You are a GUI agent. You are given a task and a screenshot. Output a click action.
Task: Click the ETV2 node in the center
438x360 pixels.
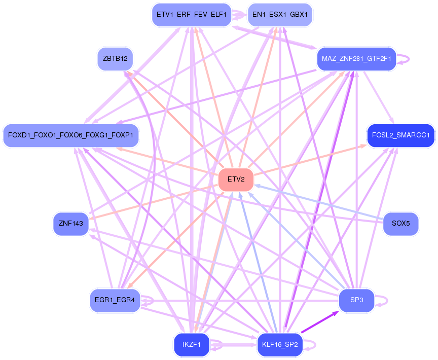236,179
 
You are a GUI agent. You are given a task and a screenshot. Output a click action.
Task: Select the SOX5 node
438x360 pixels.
400,223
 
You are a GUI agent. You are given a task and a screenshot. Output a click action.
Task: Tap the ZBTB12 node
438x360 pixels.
115,58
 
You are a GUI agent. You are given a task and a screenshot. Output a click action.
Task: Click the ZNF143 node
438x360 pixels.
71,223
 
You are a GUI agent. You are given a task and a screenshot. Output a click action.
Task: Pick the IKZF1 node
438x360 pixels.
192,345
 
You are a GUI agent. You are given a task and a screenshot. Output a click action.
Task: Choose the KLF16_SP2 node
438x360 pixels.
280,345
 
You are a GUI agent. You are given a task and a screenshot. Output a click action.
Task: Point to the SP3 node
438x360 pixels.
357,300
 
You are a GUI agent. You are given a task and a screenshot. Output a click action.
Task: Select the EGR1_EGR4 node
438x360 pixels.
115,300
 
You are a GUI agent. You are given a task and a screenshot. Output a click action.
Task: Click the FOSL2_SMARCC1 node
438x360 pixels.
400,135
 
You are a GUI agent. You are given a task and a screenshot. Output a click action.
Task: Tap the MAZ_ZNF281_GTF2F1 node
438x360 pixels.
356,59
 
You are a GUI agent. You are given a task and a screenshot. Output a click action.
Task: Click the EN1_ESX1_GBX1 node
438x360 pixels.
280,15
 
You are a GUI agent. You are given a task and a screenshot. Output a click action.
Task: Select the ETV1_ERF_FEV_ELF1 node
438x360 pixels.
192,15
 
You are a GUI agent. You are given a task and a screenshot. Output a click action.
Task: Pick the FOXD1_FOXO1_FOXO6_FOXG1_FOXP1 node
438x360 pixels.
70,135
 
